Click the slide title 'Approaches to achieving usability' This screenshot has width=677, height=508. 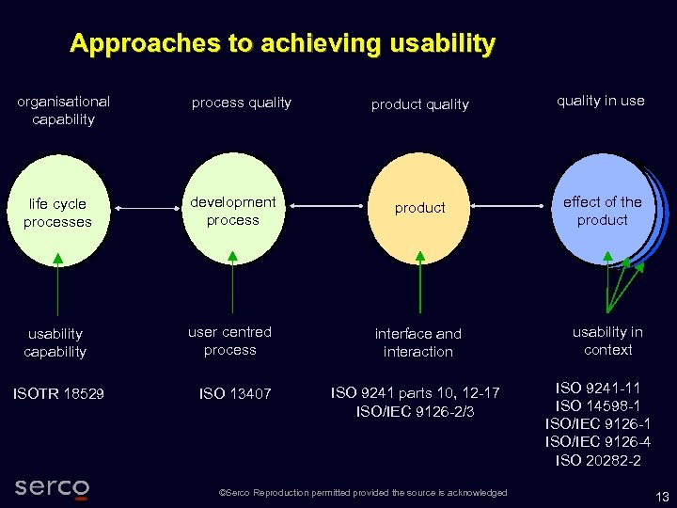[282, 43]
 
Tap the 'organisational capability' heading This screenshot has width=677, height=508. [63, 110]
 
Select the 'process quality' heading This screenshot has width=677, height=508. [242, 103]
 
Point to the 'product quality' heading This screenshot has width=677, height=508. [419, 104]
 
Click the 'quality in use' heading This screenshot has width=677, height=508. [600, 101]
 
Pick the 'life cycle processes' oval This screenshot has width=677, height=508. [57, 212]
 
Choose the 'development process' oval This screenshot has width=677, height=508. [232, 210]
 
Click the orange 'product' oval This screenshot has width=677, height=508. [419, 208]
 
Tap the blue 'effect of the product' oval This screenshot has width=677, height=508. [602, 210]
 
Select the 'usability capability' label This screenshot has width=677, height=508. [55, 342]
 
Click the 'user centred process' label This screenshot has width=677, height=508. [229, 341]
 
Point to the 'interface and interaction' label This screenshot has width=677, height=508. [417, 342]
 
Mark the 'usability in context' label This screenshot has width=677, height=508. [607, 341]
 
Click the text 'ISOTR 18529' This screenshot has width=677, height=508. [58, 393]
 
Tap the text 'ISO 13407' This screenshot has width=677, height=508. [235, 393]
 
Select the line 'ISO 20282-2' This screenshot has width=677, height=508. [598, 460]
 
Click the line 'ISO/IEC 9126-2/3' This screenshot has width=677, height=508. [416, 411]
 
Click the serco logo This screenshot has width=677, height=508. [53, 487]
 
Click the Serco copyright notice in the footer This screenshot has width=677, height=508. [362, 493]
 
